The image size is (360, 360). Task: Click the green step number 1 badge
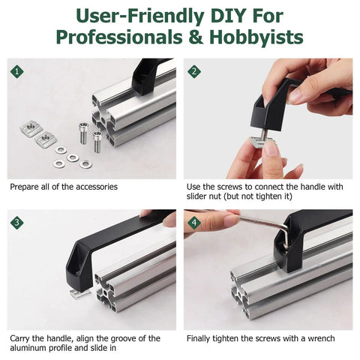pos(17,72)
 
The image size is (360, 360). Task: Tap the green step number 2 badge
pos(194,72)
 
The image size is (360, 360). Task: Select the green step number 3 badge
pos(17,223)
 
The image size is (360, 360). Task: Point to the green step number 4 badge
pos(194,223)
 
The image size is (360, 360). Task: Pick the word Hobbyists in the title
pos(256,37)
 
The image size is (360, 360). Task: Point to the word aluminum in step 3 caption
pos(26,348)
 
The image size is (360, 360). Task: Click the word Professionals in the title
pos(119,37)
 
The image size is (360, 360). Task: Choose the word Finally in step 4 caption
pos(198,339)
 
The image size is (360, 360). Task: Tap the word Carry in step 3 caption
pos(19,339)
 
